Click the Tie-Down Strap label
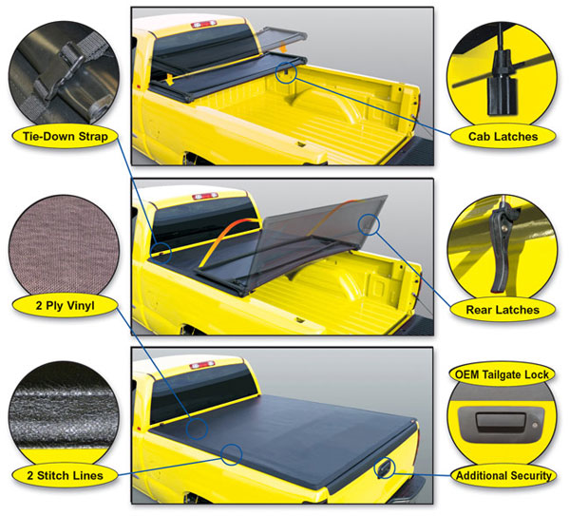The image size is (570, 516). [x=66, y=137]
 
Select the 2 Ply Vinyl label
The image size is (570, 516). [x=66, y=305]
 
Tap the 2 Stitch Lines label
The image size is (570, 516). [x=66, y=475]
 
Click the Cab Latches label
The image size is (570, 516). [x=503, y=137]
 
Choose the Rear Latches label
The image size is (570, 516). [x=503, y=310]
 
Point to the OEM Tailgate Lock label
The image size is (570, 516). [x=502, y=374]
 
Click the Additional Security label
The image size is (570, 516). [x=503, y=475]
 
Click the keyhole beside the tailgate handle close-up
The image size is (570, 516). [x=534, y=425]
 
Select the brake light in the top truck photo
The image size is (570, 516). [x=203, y=25]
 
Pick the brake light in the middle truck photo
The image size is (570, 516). [x=205, y=196]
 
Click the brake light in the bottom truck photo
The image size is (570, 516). [x=202, y=364]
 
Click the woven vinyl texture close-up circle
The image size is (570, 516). [x=65, y=246]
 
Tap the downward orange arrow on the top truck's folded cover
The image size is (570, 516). [x=169, y=81]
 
